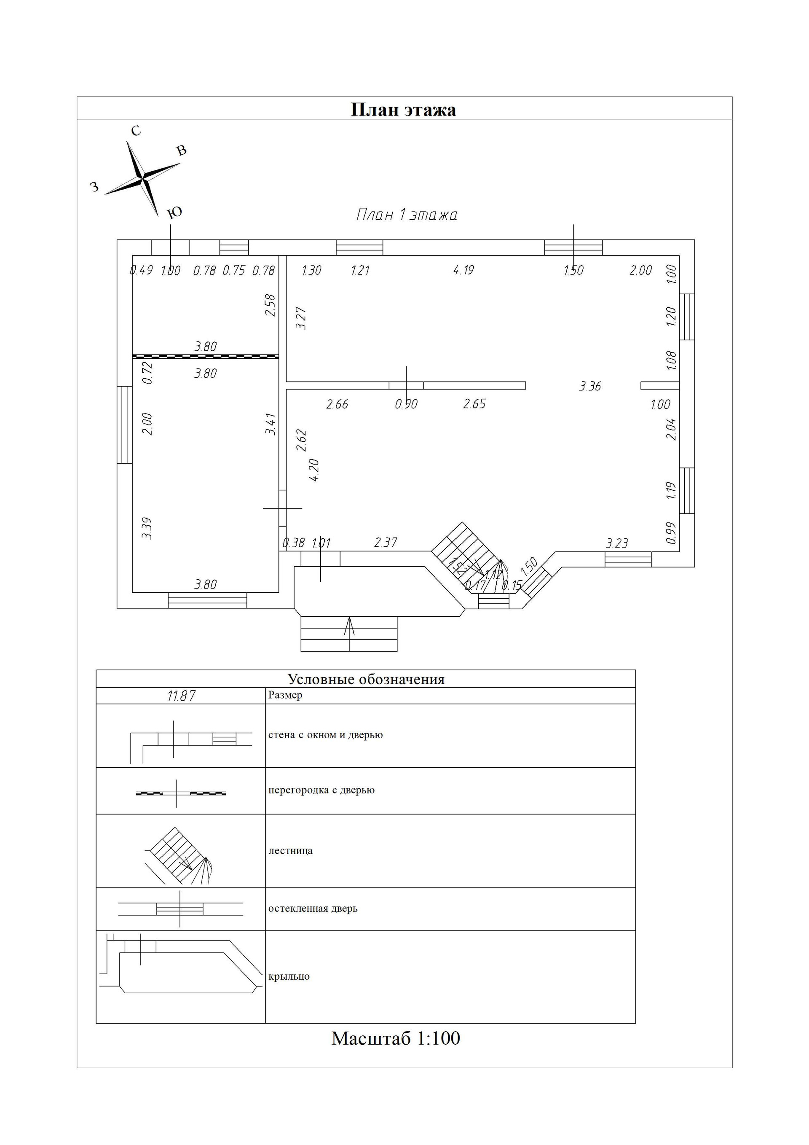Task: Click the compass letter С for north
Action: click(x=136, y=131)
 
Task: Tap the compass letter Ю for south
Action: click(x=174, y=213)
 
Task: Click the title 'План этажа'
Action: click(x=403, y=110)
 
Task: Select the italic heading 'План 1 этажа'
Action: click(x=406, y=215)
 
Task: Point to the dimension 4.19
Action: click(x=463, y=270)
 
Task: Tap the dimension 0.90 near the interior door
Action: click(x=406, y=404)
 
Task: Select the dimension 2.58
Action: click(x=270, y=305)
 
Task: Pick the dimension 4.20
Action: click(x=314, y=470)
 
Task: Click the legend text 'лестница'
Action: click(x=291, y=851)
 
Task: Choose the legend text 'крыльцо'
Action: click(x=289, y=976)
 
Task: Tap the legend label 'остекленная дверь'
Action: click(x=313, y=908)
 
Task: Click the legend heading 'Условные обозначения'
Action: click(x=366, y=679)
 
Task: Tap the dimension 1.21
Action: click(x=360, y=270)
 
